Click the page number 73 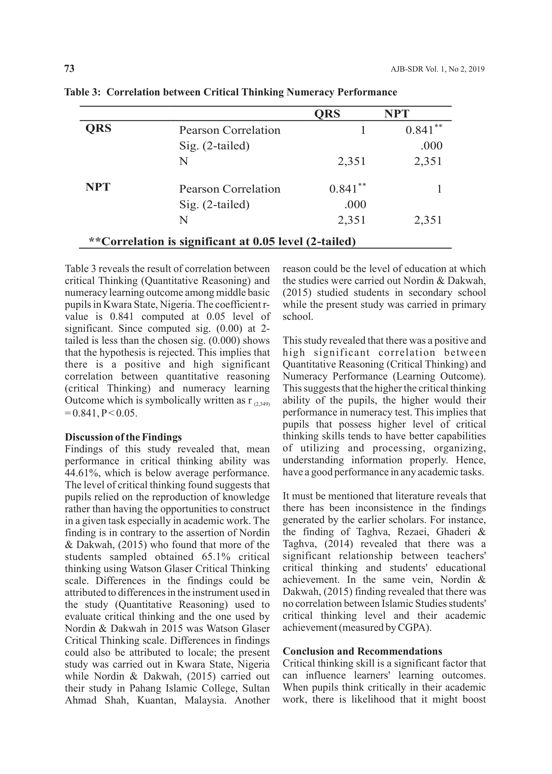tap(69, 69)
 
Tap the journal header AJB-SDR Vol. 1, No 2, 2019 tap(437, 69)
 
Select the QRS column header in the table tap(327, 113)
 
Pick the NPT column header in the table tap(397, 113)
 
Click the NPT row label tap(98, 187)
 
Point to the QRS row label tap(98, 128)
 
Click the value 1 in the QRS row tap(363, 130)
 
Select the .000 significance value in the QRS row tap(431, 146)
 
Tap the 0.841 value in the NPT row tap(343, 189)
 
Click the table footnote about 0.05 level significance tap(222, 241)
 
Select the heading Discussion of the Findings tap(123, 437)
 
